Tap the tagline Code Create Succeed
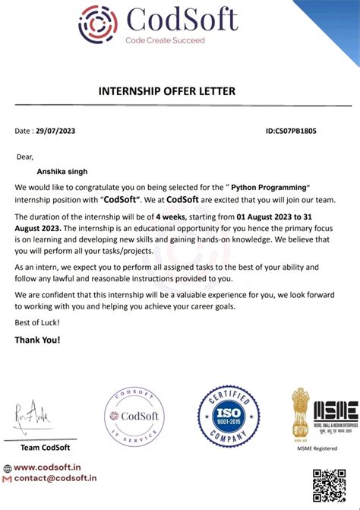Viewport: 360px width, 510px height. click(165, 40)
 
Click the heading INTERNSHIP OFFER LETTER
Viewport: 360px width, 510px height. click(167, 91)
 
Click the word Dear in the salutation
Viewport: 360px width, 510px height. click(25, 157)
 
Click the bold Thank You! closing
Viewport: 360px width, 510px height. click(37, 340)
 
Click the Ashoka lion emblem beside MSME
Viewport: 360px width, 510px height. click(301, 417)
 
